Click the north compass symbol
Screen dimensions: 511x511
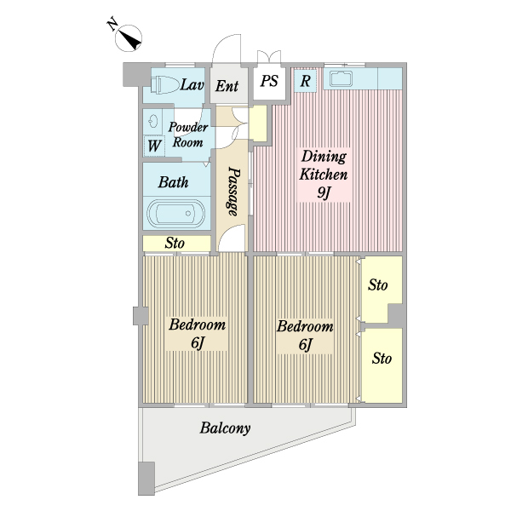tap(129, 37)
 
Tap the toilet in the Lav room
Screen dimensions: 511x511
tap(165, 84)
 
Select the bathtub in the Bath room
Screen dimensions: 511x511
tap(176, 214)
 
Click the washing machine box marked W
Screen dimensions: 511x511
tap(154, 146)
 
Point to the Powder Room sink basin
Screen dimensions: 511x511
tap(152, 121)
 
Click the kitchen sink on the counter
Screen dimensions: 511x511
tap(341, 79)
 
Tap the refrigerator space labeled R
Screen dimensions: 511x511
tap(305, 81)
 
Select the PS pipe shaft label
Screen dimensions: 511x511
tap(269, 81)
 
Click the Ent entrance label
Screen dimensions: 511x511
tap(227, 86)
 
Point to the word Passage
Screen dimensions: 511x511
tap(233, 192)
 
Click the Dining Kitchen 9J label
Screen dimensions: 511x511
tap(324, 175)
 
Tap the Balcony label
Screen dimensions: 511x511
tap(225, 428)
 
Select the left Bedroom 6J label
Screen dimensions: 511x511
tap(198, 333)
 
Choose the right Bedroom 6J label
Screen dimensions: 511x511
tap(305, 335)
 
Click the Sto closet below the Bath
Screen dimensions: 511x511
tap(176, 243)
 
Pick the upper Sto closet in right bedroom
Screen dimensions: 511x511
tap(378, 285)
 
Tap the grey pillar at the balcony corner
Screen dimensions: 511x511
tap(146, 479)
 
